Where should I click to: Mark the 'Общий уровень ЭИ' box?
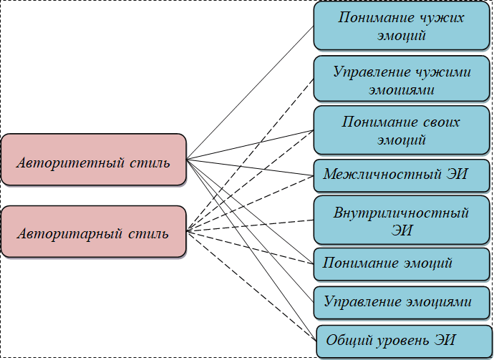[402, 340]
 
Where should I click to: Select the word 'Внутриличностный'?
[401, 213]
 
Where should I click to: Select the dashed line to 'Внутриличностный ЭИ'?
[251, 225]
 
